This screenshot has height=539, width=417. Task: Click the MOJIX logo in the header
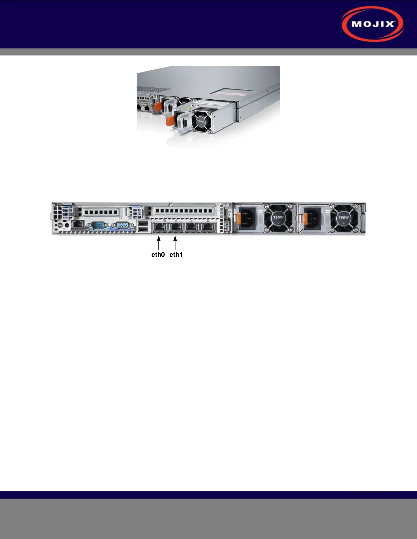[x=372, y=24]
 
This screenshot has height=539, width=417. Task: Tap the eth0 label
[x=158, y=255]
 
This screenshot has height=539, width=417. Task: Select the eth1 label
[x=176, y=255]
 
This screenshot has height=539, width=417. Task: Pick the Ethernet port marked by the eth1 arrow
[x=175, y=227]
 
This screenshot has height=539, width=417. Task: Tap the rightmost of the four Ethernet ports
[x=208, y=227]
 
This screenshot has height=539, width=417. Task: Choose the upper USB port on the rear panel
[x=143, y=224]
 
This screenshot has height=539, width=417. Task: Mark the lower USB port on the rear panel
[x=143, y=230]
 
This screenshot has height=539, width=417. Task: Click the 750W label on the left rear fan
[x=278, y=217]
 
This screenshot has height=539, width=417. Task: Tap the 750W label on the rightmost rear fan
[x=343, y=217]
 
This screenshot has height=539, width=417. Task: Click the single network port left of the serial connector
[x=79, y=224]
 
